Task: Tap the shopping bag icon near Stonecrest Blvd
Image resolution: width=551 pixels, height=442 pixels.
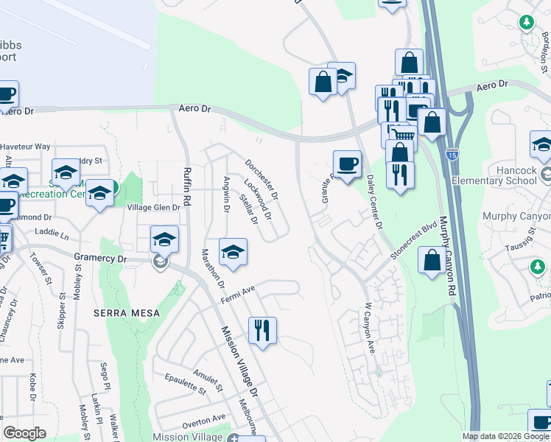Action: click(432, 259)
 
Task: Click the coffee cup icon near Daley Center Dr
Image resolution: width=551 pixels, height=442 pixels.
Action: click(347, 162)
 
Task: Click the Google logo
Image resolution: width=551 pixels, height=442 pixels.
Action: click(24, 433)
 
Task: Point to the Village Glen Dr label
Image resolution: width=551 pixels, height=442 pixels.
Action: click(154, 208)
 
